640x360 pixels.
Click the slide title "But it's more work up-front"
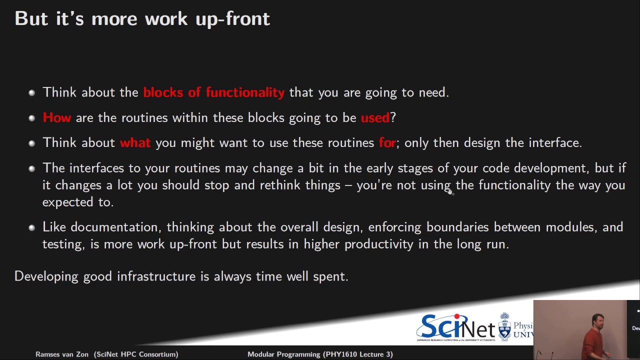[142, 18]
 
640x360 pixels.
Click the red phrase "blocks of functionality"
[213, 92]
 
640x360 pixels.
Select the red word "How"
[56, 117]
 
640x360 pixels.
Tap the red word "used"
[374, 117]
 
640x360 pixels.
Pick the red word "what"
[135, 143]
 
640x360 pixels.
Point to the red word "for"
[387, 143]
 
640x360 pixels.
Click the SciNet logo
[455, 327]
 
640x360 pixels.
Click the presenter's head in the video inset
[597, 320]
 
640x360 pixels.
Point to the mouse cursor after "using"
[450, 190]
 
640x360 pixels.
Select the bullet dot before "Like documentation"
[31, 228]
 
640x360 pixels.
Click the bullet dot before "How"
[31, 118]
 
